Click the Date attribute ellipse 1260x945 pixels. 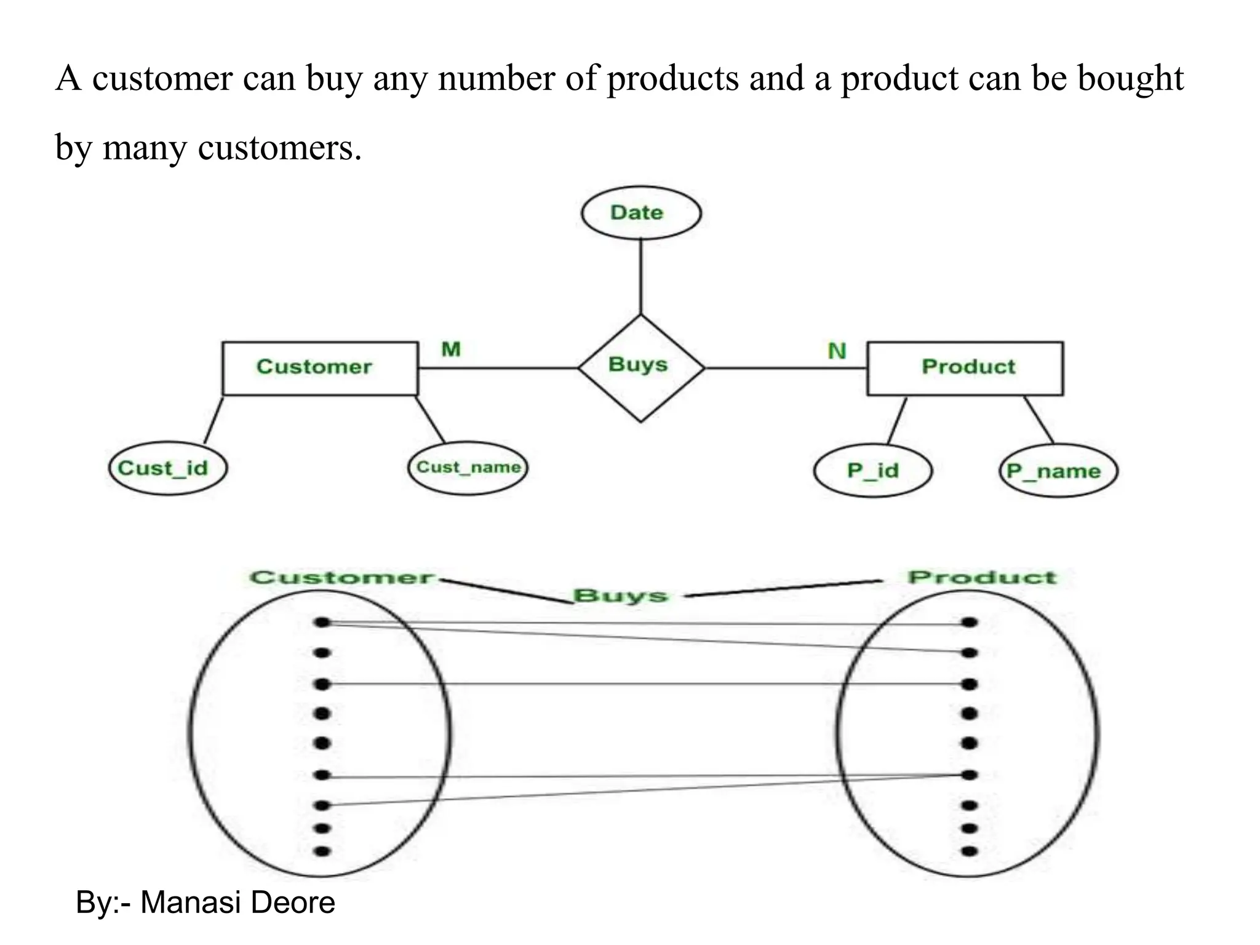point(640,213)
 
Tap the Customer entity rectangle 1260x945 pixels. point(319,368)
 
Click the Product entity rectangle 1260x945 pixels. point(965,368)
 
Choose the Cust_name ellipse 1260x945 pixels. point(468,468)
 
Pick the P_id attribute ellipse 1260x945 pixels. point(872,471)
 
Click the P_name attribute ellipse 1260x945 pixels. point(1058,471)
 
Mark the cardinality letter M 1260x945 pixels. point(451,349)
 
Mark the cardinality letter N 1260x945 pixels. point(837,351)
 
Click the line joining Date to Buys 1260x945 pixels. point(640,277)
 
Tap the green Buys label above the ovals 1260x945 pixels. point(620,596)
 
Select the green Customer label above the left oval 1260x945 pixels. point(341,578)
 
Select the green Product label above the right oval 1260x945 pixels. point(981,577)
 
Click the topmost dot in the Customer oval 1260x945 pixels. point(322,623)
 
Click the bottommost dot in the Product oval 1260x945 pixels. point(969,851)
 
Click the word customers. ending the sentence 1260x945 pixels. point(280,148)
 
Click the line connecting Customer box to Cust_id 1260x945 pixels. point(213,420)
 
